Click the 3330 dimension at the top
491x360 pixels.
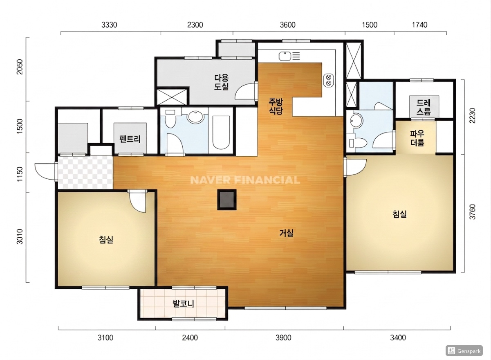[x=109, y=25]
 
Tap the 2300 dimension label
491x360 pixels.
[x=195, y=25]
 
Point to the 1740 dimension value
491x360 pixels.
[x=419, y=25]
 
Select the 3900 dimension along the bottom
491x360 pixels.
[x=283, y=337]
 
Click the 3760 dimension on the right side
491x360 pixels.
[x=473, y=211]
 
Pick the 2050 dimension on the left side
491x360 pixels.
[x=20, y=67]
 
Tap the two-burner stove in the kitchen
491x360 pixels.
[x=329, y=80]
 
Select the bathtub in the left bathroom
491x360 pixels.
[x=221, y=133]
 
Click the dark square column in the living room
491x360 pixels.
[x=227, y=200]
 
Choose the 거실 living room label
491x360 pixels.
[x=286, y=233]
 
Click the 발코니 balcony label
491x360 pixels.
[x=184, y=304]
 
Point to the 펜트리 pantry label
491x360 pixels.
[x=130, y=139]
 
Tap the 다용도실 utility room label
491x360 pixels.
[x=222, y=82]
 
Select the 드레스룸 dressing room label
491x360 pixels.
[x=424, y=107]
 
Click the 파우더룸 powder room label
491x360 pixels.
[x=417, y=138]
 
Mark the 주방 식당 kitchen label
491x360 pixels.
[x=276, y=106]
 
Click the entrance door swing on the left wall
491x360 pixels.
[x=45, y=172]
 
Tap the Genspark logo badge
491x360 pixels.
[x=464, y=351]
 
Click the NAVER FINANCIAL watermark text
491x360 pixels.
[x=245, y=180]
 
